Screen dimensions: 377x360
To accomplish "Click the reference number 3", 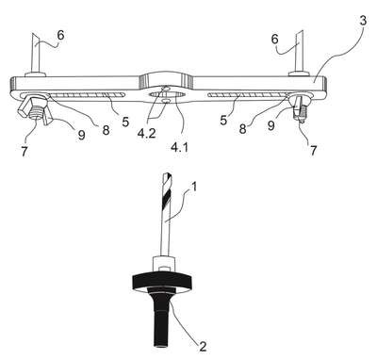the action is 363,21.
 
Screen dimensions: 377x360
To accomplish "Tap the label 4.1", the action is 180,147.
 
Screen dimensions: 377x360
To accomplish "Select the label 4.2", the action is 146,133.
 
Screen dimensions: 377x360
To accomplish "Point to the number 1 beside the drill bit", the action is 194,188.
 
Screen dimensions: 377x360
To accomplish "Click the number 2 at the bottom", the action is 203,346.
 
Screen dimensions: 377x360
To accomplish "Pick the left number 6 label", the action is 60,35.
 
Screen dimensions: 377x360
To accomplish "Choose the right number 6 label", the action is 274,40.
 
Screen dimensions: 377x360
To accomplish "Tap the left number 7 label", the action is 25,151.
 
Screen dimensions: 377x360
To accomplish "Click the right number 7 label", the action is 313,150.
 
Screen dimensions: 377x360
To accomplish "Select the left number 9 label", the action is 81,135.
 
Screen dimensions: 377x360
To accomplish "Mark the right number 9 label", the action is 270,125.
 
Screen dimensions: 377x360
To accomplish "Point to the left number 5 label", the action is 125,122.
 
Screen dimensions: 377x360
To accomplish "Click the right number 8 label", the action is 242,129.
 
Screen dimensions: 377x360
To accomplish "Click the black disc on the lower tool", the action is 162,281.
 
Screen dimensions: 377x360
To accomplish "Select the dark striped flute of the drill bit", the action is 167,200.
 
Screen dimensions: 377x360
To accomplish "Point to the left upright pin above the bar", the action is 35,54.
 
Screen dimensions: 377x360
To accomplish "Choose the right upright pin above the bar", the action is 300,53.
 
